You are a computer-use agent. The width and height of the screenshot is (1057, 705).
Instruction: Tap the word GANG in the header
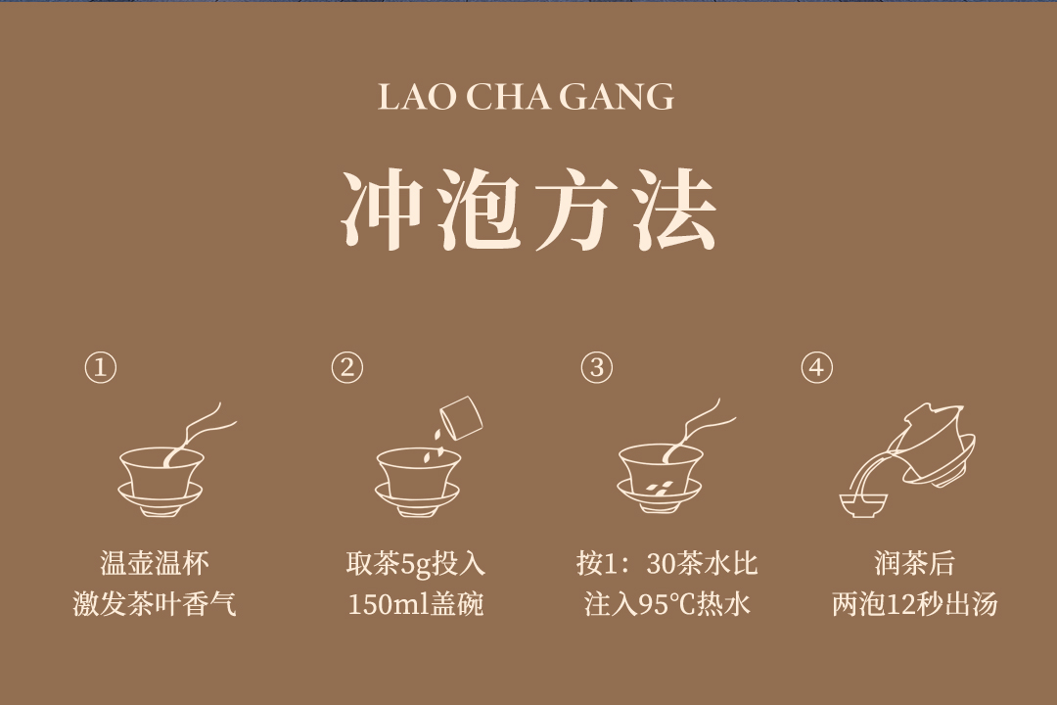(x=617, y=97)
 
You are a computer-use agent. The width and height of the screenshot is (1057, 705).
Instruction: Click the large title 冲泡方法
(x=528, y=211)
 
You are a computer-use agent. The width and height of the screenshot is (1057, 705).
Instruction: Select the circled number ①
(x=101, y=368)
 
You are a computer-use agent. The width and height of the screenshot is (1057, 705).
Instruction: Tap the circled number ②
(x=347, y=368)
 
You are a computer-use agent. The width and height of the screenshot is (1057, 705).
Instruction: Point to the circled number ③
(x=597, y=368)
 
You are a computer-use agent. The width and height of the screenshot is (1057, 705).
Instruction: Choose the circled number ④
(x=817, y=368)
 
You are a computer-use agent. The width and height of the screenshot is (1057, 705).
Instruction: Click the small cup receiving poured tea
(x=863, y=505)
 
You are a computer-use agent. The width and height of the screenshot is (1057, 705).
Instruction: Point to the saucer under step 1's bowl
(x=160, y=500)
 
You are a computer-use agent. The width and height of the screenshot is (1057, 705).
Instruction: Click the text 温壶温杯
(x=155, y=564)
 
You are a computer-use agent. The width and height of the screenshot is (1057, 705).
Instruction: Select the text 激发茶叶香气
(x=155, y=604)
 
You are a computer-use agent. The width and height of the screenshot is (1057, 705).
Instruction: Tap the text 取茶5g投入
(x=416, y=564)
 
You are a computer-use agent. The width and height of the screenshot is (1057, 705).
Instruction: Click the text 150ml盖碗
(x=416, y=604)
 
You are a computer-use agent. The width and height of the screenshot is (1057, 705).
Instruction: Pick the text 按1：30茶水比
(x=667, y=564)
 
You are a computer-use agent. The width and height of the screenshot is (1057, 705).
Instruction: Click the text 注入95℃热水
(x=667, y=604)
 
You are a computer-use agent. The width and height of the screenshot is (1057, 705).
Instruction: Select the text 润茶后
(x=915, y=564)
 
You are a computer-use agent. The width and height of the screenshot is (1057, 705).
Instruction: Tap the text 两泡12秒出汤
(x=915, y=604)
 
